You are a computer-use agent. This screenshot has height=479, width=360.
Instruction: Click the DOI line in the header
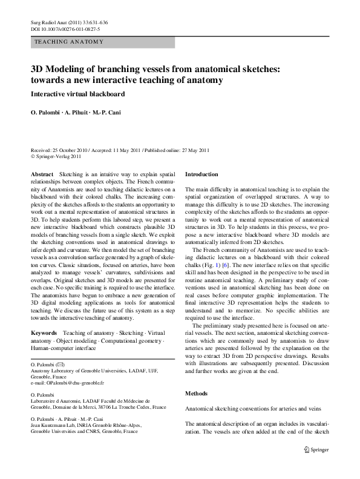pyautogui.click(x=65, y=28)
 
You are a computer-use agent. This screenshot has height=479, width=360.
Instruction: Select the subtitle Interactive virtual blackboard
pyautogui.click(x=77, y=94)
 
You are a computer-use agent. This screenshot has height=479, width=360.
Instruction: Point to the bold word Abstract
pyautogui.click(x=42, y=174)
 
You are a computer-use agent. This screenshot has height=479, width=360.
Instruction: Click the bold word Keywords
pyautogui.click(x=44, y=333)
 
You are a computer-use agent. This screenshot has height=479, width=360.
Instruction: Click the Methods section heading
pyautogui.click(x=196, y=394)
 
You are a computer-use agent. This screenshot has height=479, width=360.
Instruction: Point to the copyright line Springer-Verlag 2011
pyautogui.click(x=59, y=156)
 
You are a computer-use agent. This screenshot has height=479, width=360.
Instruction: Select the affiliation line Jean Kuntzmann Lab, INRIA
pyautogui.click(x=70, y=426)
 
